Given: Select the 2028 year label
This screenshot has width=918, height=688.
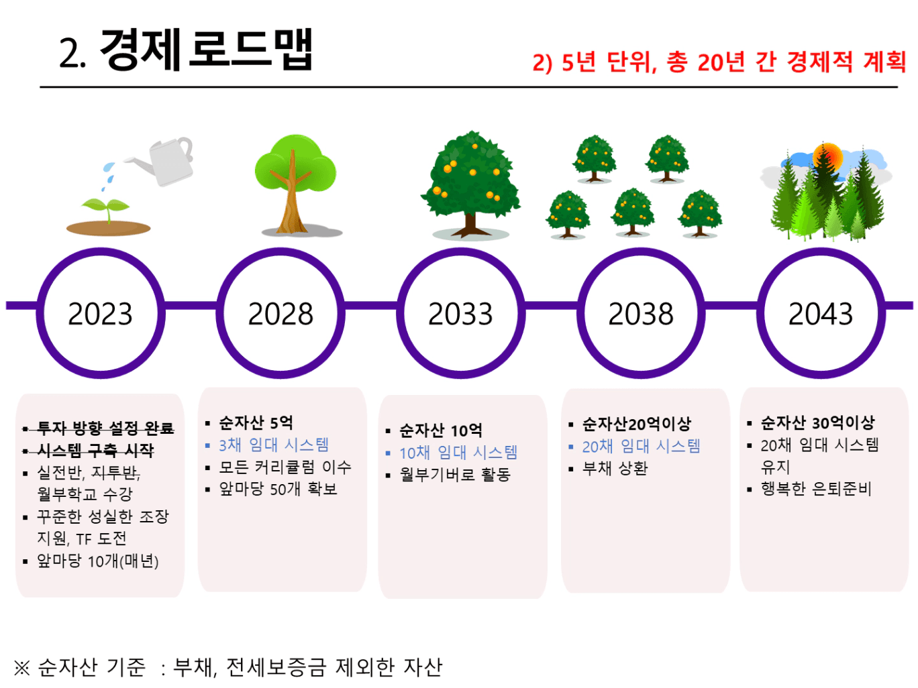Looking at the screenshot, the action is tap(280, 314).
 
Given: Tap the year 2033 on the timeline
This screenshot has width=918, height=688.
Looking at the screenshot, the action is tap(460, 314).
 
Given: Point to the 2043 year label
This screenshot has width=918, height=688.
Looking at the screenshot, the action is tap(821, 314).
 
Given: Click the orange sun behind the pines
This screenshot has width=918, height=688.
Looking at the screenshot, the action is tap(828, 157).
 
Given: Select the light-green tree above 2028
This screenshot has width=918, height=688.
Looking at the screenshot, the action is tap(296, 184).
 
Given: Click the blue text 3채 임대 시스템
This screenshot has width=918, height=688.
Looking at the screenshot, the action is tap(274, 445).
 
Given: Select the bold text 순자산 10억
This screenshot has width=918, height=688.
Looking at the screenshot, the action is tap(441, 431).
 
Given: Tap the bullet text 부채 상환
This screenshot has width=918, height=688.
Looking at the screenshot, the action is tap(615, 469).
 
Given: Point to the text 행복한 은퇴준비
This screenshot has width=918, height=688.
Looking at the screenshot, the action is tap(816, 489).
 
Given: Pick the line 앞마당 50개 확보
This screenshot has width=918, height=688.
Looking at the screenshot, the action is tap(278, 489).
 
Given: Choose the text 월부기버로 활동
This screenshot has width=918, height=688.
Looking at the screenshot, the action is tap(455, 475).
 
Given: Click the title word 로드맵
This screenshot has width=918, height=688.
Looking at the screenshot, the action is tap(250, 50).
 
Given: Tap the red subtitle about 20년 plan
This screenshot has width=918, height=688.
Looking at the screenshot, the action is tap(719, 62).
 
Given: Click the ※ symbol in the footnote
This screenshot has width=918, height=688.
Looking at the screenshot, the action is tap(21, 667).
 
